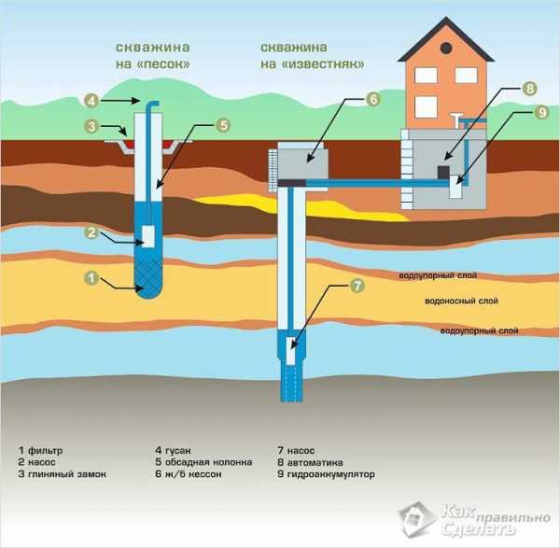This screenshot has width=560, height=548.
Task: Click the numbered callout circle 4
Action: point(91,101)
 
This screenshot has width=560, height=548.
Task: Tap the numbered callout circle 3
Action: point(91,126)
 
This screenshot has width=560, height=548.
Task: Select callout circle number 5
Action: point(223,125)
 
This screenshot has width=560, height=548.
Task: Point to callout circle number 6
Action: point(373,99)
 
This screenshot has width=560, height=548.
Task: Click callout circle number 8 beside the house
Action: point(529,89)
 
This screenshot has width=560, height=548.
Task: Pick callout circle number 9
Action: point(541,113)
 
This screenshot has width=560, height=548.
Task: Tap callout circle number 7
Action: point(357,286)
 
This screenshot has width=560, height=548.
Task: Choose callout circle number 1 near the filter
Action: point(91,278)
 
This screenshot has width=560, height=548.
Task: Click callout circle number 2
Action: point(91,232)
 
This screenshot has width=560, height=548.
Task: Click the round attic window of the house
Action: point(446,48)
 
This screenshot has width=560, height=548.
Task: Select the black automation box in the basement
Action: point(443,172)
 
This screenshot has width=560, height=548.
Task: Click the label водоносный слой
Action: point(461,301)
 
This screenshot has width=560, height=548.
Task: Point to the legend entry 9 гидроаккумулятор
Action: point(326,474)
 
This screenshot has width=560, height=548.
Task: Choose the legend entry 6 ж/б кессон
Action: point(189,474)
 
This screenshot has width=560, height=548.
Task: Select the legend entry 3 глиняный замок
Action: point(63,474)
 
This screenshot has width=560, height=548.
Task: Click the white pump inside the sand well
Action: point(148,236)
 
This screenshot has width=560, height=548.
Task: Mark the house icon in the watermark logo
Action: point(417,519)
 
